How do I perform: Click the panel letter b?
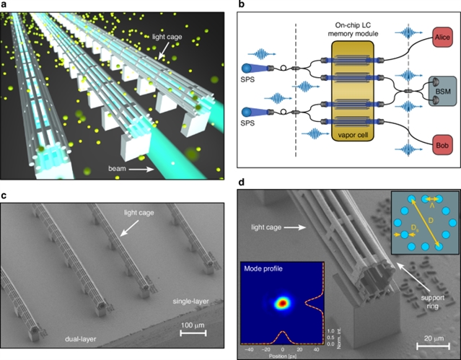pyautogui.click(x=240, y=6)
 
